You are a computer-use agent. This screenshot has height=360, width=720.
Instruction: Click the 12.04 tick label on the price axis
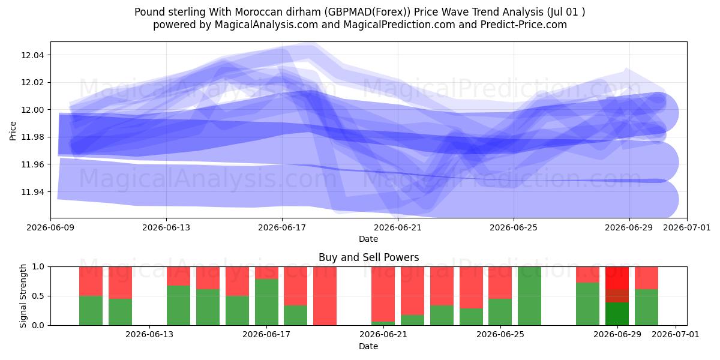(x=32, y=55)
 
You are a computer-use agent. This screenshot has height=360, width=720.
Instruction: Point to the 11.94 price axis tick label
(x=32, y=192)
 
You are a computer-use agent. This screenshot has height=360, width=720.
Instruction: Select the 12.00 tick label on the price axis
(x=32, y=110)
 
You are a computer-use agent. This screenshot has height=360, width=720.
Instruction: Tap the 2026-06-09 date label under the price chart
(x=50, y=227)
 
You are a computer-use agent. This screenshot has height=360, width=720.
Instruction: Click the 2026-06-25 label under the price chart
(x=514, y=227)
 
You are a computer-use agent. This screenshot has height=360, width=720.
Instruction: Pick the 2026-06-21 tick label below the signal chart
(x=383, y=335)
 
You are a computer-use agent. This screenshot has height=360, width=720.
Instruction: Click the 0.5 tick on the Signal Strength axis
(x=38, y=296)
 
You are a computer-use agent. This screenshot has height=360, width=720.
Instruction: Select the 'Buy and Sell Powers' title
(x=368, y=257)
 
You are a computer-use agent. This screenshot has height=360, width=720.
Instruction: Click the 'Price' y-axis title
(x=13, y=131)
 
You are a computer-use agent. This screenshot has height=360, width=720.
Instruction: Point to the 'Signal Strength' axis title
(x=23, y=296)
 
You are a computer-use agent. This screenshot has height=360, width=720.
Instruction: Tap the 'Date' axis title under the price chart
(x=368, y=239)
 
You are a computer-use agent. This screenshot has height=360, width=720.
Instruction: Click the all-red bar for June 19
(x=325, y=296)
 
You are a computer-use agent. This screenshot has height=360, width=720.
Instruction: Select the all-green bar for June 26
(x=529, y=296)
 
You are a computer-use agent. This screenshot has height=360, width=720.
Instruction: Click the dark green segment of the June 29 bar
(x=617, y=314)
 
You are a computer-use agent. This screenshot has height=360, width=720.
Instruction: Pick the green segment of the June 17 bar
(x=266, y=302)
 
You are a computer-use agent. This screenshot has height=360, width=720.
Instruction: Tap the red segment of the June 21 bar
(x=383, y=294)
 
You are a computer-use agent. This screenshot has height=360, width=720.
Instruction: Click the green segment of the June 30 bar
(x=646, y=307)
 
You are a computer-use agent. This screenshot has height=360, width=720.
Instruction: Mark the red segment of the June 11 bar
(x=120, y=283)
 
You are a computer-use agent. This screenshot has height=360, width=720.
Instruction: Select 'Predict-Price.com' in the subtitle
(x=524, y=25)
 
